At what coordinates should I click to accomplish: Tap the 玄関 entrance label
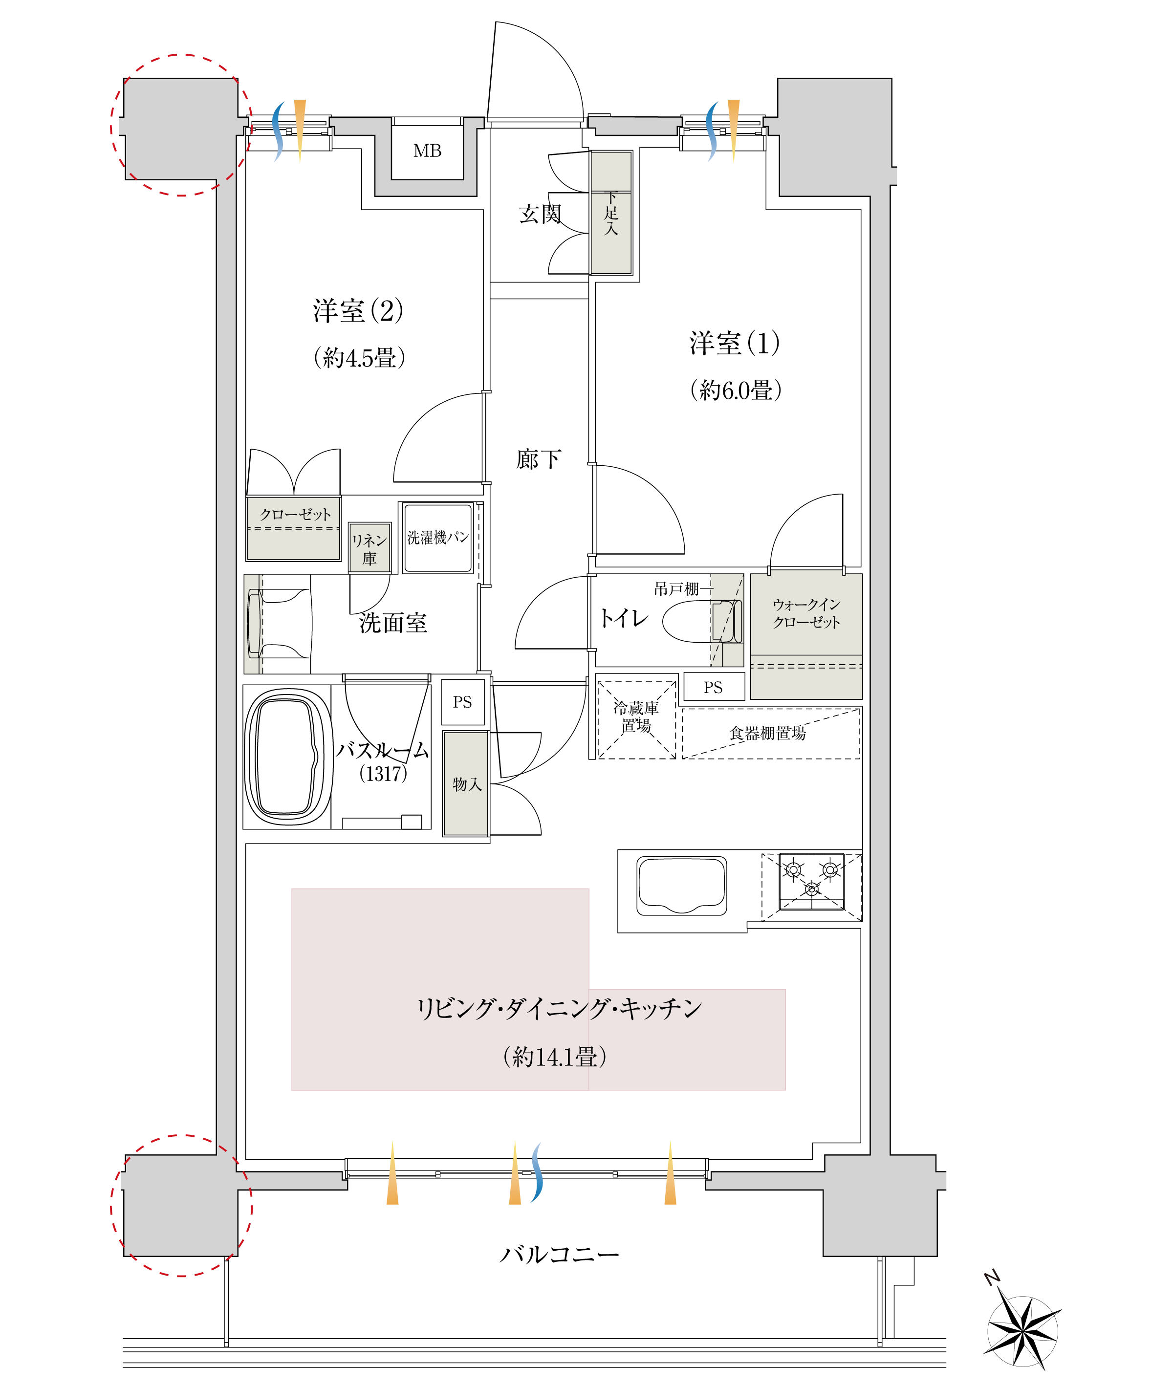[x=540, y=214]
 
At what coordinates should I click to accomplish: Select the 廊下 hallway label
[x=539, y=459]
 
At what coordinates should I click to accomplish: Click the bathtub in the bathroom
[x=287, y=757]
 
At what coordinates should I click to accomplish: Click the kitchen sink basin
[x=682, y=885]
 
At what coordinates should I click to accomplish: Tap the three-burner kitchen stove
[x=811, y=881]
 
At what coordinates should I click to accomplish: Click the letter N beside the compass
[x=992, y=1278]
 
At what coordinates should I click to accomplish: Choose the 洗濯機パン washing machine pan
[x=437, y=538]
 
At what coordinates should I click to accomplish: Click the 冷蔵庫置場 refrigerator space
[x=636, y=717]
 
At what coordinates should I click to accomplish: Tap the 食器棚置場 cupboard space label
[x=767, y=733]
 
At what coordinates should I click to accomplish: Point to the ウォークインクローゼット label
[x=806, y=612]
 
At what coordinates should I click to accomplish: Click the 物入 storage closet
[x=466, y=783]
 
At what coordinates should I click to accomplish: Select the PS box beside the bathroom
[x=462, y=702]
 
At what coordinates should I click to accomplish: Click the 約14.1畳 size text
[x=555, y=1056]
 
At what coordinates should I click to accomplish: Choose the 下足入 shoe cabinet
[x=611, y=213]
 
